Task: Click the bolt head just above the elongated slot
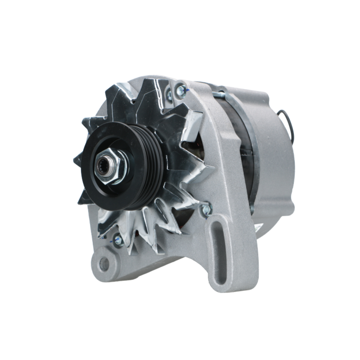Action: [206, 210]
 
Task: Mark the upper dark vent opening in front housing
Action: [191, 148]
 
